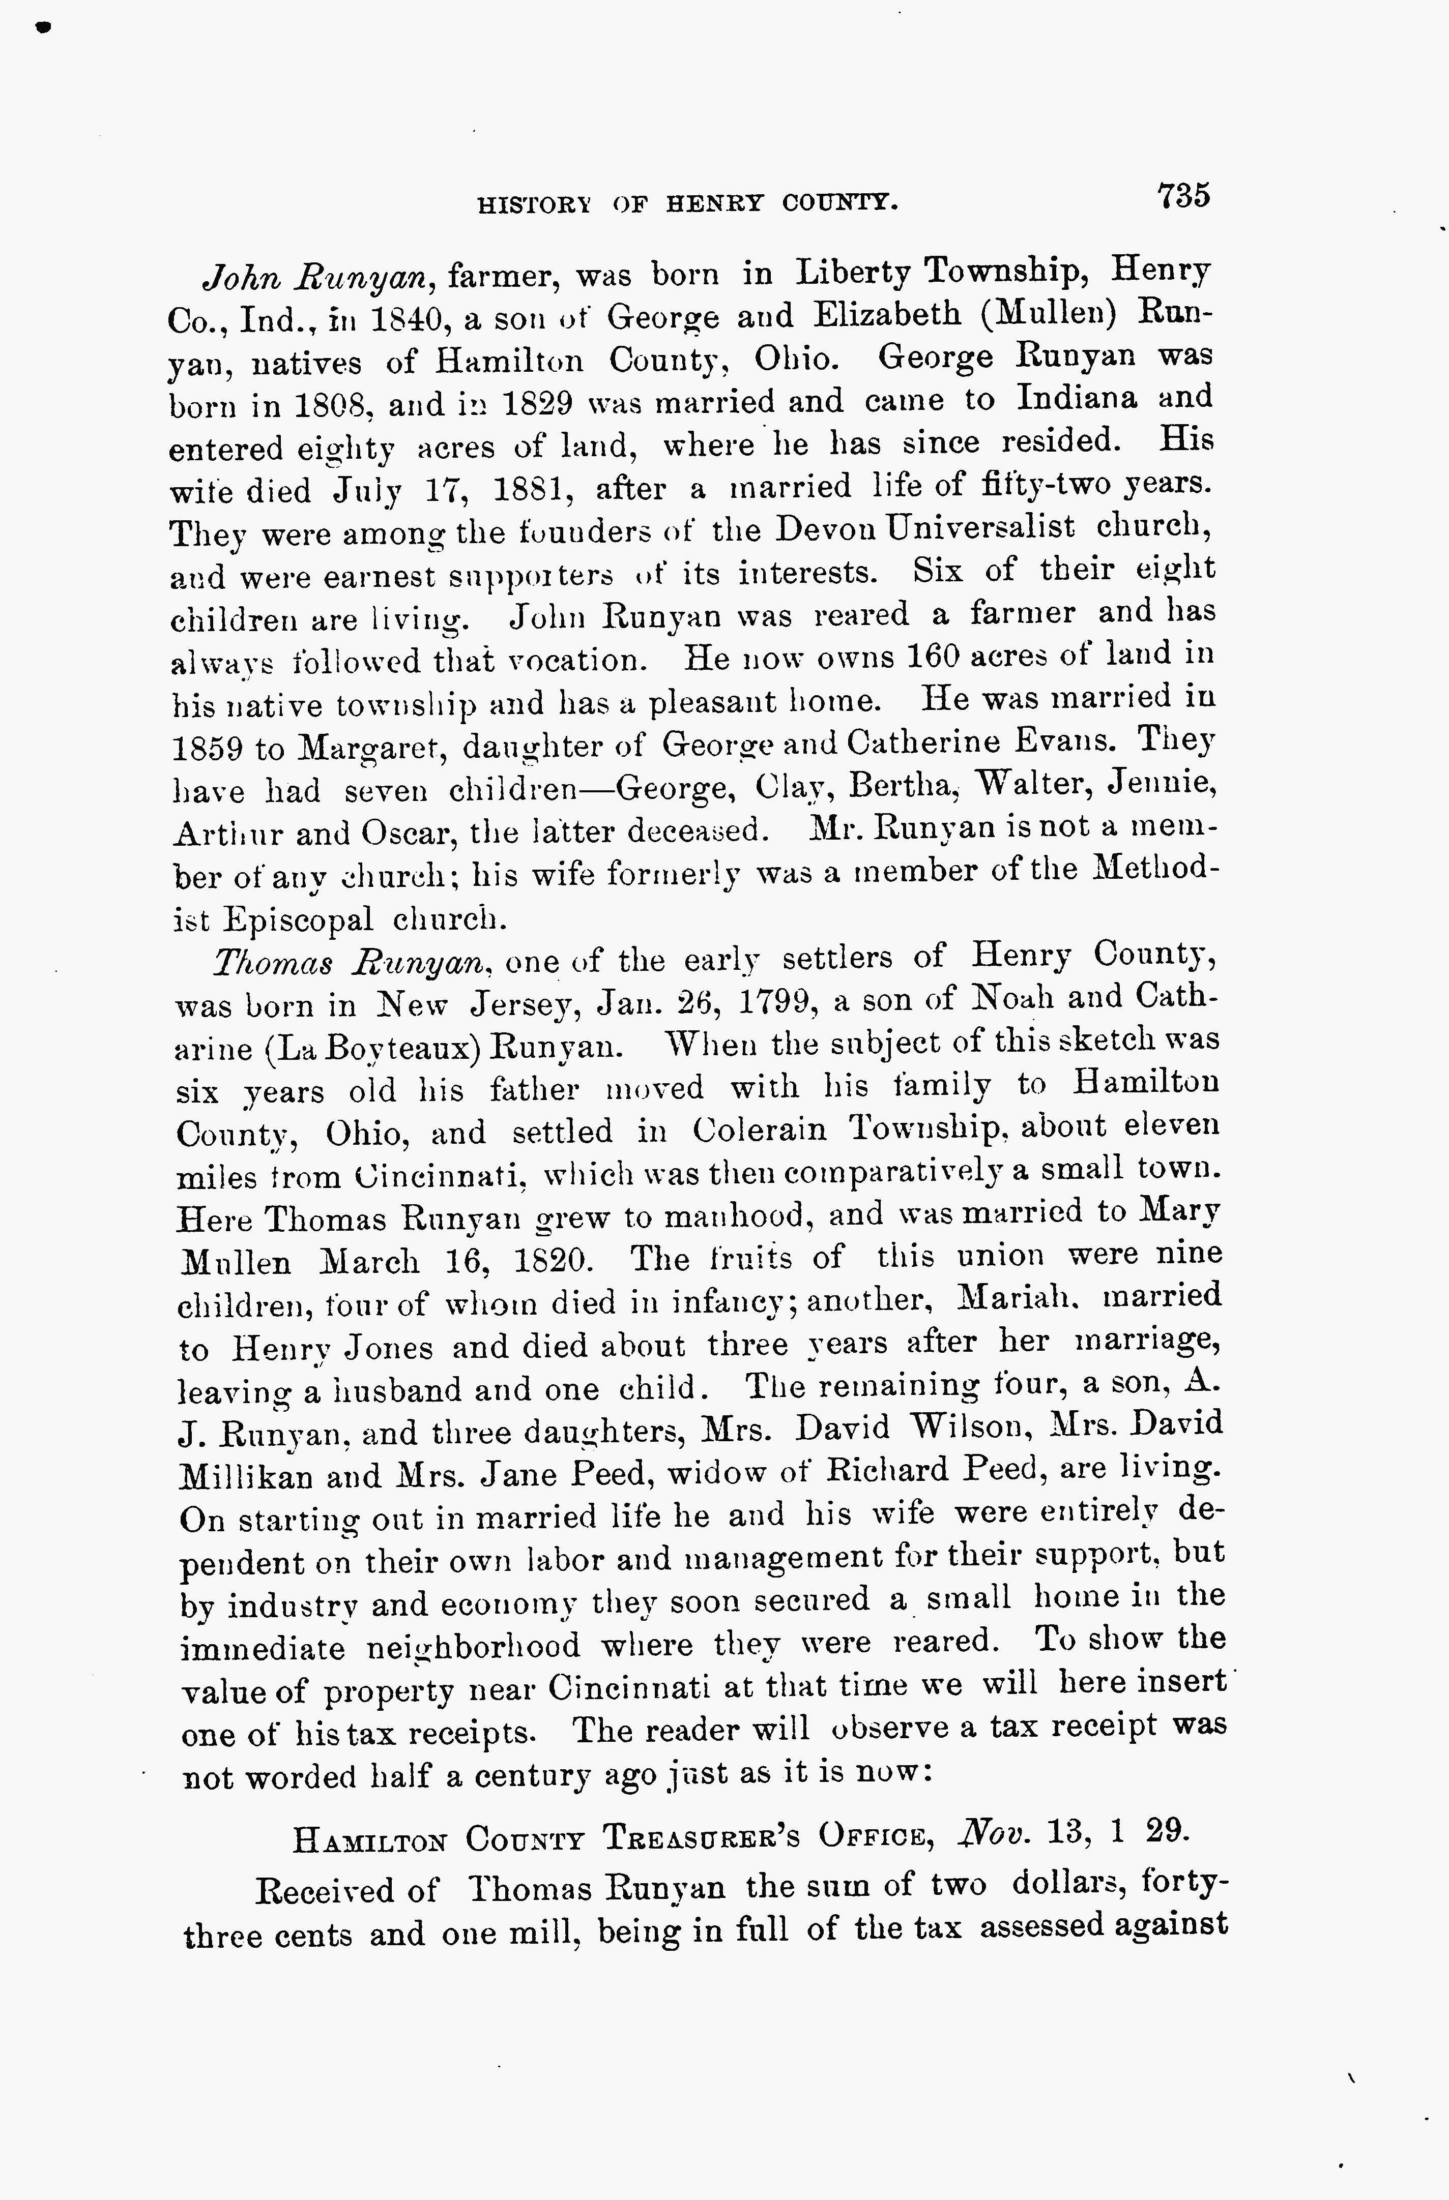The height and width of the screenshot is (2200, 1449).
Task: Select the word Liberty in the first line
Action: pos(854,272)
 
